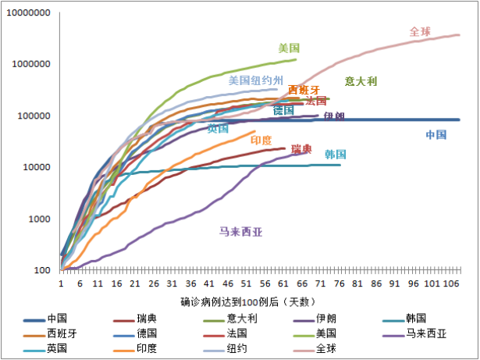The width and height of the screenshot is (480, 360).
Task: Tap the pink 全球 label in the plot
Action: coord(420,32)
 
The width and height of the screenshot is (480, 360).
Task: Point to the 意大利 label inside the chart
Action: coord(361,80)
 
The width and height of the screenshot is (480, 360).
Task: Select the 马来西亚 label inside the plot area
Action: coord(240,231)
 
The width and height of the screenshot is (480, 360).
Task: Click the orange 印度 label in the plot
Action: coord(261,140)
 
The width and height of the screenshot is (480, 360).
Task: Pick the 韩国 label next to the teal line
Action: coord(336,155)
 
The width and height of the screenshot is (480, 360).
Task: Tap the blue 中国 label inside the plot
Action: coord(436,134)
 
